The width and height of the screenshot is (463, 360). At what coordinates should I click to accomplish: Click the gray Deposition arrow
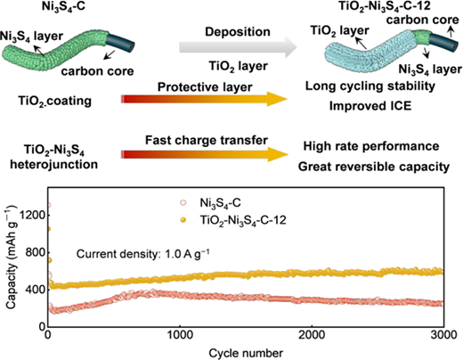tap(238, 47)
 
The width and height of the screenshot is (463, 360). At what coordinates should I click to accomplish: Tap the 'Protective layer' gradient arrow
tap(205, 99)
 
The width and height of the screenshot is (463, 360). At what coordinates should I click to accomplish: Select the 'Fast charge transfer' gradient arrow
tap(205, 154)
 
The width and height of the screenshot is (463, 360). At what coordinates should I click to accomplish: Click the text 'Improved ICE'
tap(370, 106)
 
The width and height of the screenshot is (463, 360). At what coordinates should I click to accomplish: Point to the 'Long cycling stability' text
tap(370, 86)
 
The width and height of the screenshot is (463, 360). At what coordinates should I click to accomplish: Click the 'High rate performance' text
tap(371, 146)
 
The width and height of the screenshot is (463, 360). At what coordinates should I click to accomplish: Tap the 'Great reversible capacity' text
tap(374, 167)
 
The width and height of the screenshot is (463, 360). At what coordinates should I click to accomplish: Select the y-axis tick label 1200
tap(33, 215)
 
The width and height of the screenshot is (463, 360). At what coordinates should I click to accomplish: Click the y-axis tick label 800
tap(36, 252)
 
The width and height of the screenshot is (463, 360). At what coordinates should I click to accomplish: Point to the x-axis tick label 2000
tap(312, 335)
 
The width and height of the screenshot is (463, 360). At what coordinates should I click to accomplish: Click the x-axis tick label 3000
tap(443, 335)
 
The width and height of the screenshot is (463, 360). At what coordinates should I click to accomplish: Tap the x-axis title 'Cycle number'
tap(246, 353)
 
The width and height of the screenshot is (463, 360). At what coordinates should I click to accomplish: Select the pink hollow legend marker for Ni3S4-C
tap(183, 203)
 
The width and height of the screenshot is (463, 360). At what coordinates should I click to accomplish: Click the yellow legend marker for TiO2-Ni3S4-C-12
tap(183, 220)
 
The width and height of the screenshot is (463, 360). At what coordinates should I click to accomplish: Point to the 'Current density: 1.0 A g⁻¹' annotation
tap(143, 254)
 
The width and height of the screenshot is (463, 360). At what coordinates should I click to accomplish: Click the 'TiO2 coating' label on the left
tap(54, 102)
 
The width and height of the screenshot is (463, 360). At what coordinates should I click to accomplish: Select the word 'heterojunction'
tap(54, 164)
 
